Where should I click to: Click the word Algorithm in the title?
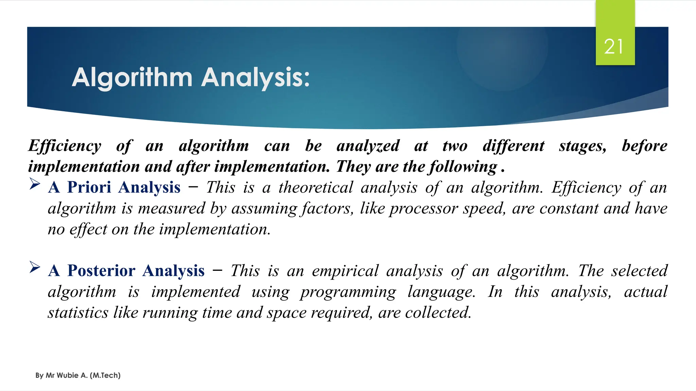pos(132,78)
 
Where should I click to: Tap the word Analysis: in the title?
pos(255,78)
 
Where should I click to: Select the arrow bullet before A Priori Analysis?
pos(35,184)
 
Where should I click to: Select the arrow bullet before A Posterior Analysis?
pos(35,267)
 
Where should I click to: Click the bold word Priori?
pos(89,187)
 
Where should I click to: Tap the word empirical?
pos(345,271)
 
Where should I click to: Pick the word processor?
pos(423,208)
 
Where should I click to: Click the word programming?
pos(348,292)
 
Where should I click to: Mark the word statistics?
pos(78,313)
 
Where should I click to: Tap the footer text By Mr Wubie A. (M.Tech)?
pos(78,375)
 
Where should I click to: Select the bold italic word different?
pos(513,146)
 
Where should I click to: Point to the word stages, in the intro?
pos(582,146)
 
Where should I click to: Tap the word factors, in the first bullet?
pos(328,208)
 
